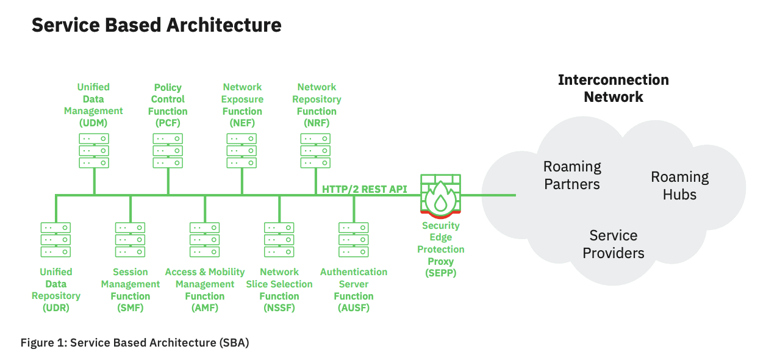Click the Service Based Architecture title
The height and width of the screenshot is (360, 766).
click(x=156, y=25)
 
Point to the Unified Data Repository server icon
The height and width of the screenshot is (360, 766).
click(x=55, y=239)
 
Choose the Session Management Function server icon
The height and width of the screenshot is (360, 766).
click(x=130, y=239)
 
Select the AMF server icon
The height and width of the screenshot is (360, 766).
click(x=204, y=239)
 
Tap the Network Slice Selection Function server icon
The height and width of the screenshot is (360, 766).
click(x=279, y=239)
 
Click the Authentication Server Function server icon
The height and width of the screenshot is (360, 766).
click(x=353, y=239)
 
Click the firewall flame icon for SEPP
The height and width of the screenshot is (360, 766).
click(x=440, y=197)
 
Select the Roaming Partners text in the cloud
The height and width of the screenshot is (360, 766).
click(x=572, y=175)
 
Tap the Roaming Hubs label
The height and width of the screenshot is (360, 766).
click(x=679, y=185)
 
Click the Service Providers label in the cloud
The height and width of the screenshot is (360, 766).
click(x=613, y=244)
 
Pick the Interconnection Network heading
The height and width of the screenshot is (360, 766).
click(x=613, y=88)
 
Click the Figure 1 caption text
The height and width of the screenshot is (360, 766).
click(x=135, y=342)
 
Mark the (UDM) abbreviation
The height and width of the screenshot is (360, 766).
click(x=93, y=123)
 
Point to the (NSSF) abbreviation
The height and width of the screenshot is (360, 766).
click(x=279, y=308)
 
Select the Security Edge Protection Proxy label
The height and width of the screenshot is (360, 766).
click(x=440, y=249)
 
